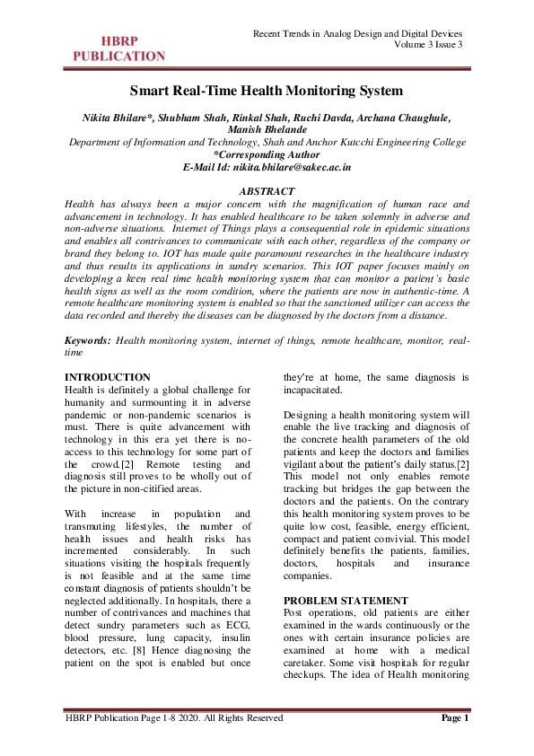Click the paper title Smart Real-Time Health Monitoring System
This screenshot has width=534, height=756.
267,91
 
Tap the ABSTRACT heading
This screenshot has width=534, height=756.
267,192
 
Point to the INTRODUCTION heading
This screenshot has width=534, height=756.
109,376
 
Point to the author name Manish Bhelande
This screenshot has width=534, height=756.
267,129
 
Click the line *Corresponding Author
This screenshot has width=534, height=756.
267,154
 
